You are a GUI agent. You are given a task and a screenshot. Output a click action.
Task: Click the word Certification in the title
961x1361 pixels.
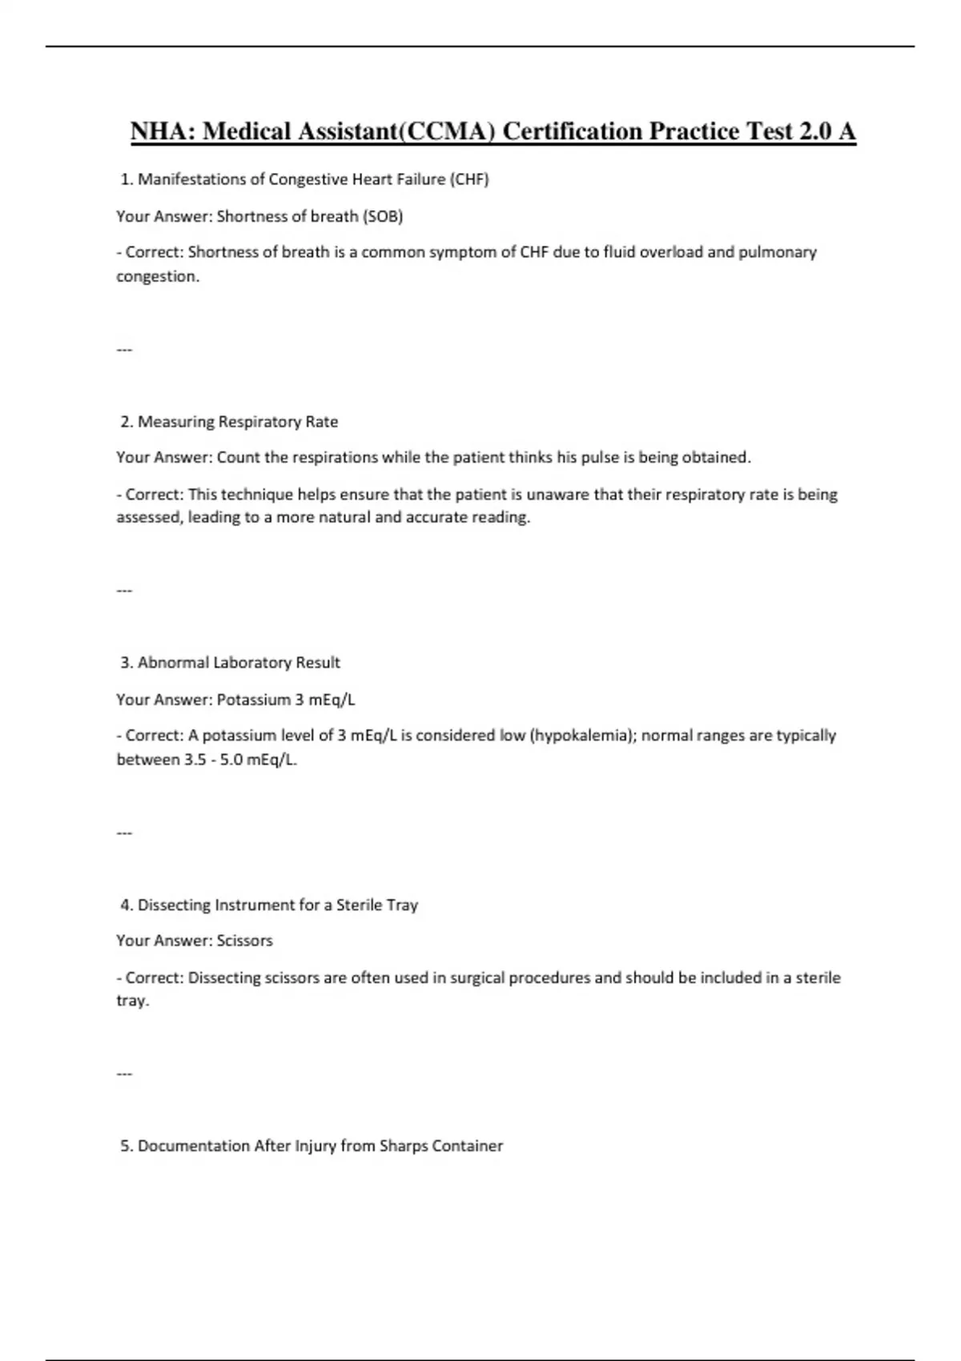click(572, 131)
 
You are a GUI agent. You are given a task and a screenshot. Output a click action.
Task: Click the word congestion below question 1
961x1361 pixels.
click(157, 277)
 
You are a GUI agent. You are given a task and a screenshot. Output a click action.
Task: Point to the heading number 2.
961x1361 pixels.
click(127, 422)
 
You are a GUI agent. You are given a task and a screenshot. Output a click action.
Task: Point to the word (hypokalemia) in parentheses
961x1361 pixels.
click(581, 736)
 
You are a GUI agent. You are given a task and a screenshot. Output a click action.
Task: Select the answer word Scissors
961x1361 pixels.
click(244, 941)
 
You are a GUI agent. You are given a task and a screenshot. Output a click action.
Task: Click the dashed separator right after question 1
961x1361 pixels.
click(124, 350)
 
